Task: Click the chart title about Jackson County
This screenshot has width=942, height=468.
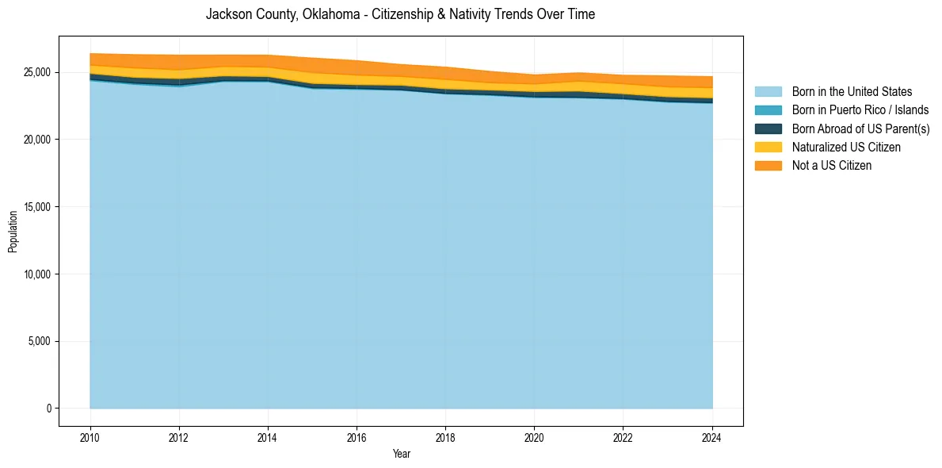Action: (x=400, y=14)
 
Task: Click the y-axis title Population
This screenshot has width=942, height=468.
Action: (x=13, y=232)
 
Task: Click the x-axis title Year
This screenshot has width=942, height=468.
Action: (x=402, y=454)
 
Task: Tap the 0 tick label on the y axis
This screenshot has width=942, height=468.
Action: (x=48, y=409)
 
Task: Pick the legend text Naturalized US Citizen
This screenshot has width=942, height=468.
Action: (x=846, y=147)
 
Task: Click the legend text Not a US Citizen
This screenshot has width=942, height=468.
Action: (x=832, y=165)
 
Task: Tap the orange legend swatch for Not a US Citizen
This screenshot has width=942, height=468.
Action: (x=768, y=165)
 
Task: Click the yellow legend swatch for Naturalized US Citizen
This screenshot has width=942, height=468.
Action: (x=768, y=147)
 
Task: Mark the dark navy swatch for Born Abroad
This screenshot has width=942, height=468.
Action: (x=768, y=129)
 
